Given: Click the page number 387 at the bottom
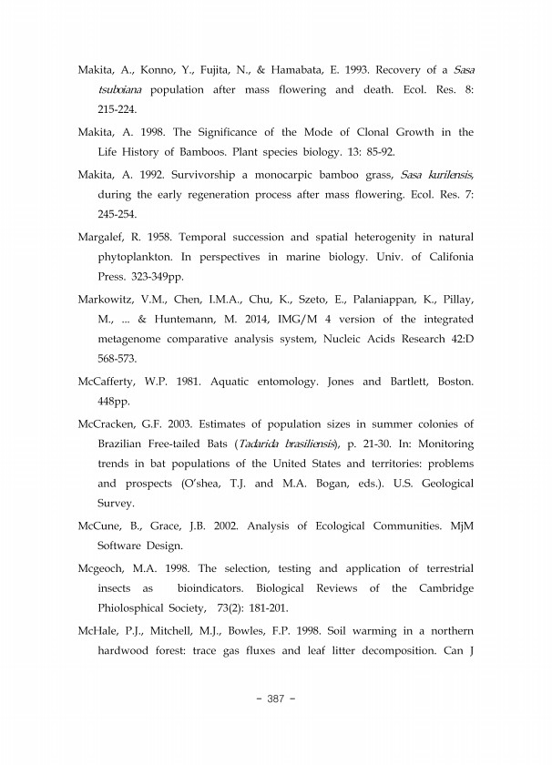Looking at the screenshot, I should click(275, 699).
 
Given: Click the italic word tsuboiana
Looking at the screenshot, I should click(122, 90).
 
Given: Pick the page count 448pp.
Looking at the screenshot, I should click(114, 403).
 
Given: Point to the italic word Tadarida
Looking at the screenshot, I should click(263, 444).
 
